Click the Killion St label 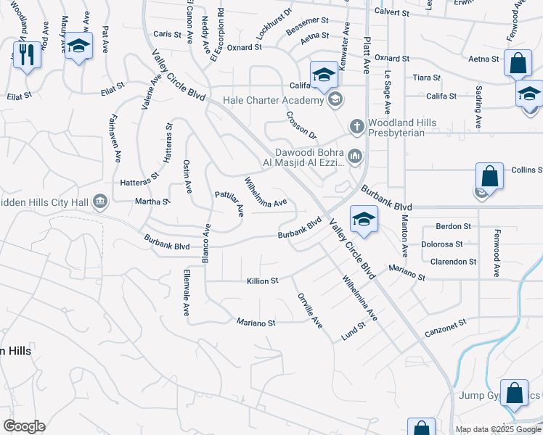(263, 281)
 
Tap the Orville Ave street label (309, 311)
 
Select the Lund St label (354, 331)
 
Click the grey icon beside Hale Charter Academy (335, 100)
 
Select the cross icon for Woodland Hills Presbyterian (356, 127)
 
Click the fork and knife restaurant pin (27, 54)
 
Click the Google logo (24, 426)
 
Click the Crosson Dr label (302, 125)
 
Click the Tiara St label (426, 78)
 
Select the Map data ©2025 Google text (497, 429)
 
